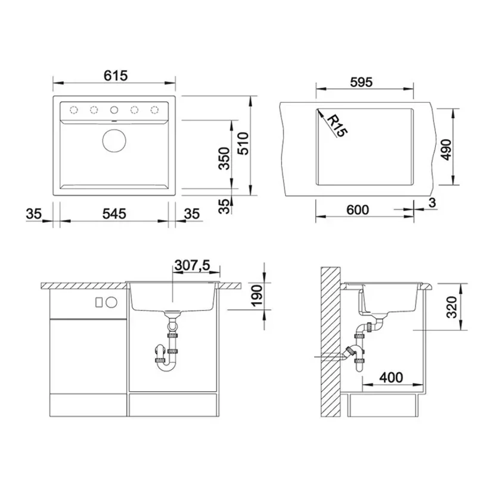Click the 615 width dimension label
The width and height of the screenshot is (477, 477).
pyautogui.click(x=115, y=76)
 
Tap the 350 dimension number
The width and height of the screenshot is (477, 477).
pyautogui.click(x=225, y=158)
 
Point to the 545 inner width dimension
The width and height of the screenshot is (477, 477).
pyautogui.click(x=114, y=213)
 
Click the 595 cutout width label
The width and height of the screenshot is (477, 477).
pyautogui.click(x=361, y=82)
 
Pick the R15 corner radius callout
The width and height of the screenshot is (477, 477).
pyautogui.click(x=337, y=125)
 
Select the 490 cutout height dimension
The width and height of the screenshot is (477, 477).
pyautogui.click(x=446, y=150)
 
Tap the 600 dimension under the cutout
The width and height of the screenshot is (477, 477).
pyautogui.click(x=357, y=210)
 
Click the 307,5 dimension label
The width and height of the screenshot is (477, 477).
pyautogui.click(x=192, y=265)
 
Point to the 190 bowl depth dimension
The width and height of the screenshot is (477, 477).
pyautogui.click(x=257, y=296)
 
